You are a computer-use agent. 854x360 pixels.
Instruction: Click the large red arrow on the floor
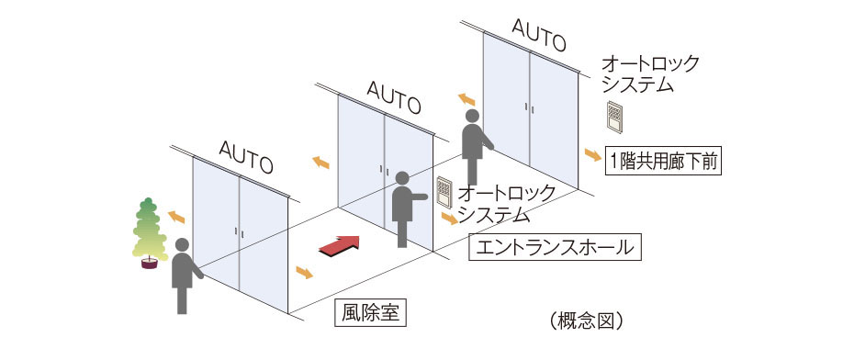(x=337, y=244)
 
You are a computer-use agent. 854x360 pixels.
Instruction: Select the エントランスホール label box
(x=554, y=247)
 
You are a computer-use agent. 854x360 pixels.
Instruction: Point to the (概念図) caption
(x=589, y=321)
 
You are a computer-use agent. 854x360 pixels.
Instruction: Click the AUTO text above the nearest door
(x=246, y=156)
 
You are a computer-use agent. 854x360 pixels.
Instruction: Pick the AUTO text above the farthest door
(x=538, y=36)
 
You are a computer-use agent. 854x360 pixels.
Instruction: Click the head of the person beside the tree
(x=182, y=245)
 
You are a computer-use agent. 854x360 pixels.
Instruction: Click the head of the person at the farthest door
(x=473, y=117)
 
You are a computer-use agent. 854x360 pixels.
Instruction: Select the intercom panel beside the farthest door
(x=614, y=116)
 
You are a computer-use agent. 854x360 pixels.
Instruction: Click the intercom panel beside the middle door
(x=445, y=191)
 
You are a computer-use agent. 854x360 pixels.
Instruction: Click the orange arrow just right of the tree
(x=174, y=217)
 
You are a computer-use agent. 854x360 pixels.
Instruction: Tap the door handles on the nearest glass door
(x=238, y=231)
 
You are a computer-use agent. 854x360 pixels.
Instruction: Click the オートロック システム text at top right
(x=649, y=73)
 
